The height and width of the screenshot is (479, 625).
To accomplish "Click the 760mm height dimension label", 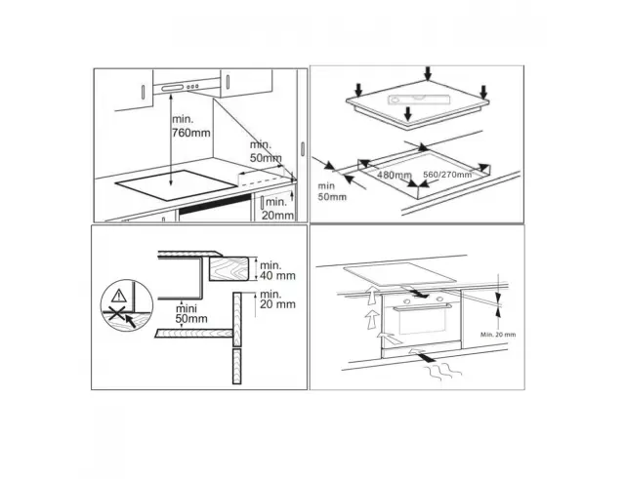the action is (x=191, y=126).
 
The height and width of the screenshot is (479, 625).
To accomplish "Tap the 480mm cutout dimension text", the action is (x=394, y=175).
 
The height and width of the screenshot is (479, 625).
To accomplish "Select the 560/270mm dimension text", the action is (x=447, y=175).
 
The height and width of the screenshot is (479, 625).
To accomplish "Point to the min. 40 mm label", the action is (x=277, y=270).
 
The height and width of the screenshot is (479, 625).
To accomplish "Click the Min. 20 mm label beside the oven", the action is (x=498, y=335).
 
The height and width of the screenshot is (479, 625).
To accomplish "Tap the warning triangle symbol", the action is (x=119, y=296).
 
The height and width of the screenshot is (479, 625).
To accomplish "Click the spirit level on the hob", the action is (x=419, y=100).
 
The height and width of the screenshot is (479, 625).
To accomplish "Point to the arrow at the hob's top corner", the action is (x=428, y=73).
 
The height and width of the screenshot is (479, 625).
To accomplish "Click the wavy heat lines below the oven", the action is (x=442, y=374).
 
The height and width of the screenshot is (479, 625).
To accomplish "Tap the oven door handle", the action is (x=422, y=307).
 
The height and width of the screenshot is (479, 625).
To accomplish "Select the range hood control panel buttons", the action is (x=193, y=87).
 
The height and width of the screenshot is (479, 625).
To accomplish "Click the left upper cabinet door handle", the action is (x=144, y=92).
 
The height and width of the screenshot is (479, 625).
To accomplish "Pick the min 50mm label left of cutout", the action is (x=332, y=191).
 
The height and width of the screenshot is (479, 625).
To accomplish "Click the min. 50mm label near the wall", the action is (x=265, y=151).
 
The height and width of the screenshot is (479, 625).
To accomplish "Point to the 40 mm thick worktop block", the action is (x=229, y=268).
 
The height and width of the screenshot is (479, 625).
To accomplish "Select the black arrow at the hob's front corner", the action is (x=407, y=113).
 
